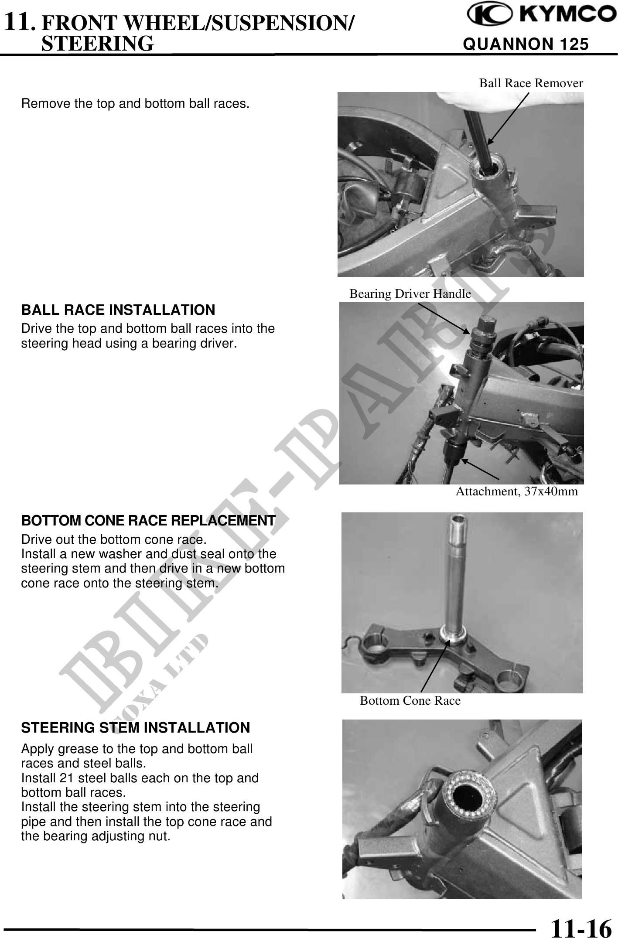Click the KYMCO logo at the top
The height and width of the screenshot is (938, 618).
539,16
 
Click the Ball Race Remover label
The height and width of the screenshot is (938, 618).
531,83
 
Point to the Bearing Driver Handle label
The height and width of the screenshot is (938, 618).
410,294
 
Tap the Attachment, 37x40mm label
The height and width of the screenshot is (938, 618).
517,491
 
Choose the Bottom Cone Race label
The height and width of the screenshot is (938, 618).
410,701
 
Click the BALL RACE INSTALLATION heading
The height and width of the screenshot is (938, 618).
118,310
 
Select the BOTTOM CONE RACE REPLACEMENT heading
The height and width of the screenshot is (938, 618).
149,521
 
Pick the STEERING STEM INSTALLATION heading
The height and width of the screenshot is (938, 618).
136,728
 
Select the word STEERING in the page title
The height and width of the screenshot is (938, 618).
97,44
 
